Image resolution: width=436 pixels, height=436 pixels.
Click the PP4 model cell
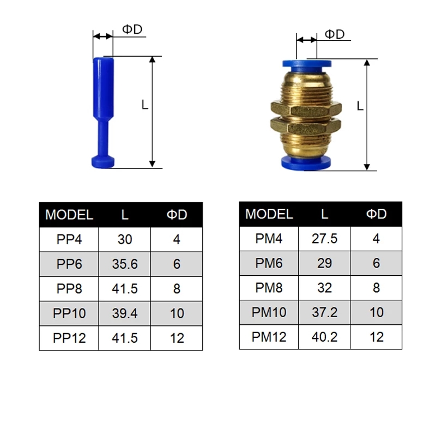[69, 239]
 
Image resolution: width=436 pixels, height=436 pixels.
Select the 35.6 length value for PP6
[125, 264]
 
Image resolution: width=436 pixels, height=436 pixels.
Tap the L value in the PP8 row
[125, 289]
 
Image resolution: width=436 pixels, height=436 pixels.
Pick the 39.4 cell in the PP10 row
[125, 314]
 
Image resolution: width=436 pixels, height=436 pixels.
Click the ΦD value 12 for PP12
[177, 338]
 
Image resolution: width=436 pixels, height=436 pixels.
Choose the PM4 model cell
[269, 238]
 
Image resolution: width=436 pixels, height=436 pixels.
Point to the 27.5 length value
[324, 238]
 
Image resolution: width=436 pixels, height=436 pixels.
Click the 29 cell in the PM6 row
[324, 263]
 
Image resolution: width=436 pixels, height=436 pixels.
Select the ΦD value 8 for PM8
[376, 288]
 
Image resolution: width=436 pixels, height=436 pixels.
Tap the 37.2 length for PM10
[324, 312]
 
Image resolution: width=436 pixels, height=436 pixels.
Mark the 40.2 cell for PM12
[324, 337]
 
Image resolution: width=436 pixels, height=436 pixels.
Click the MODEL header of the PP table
[69, 215]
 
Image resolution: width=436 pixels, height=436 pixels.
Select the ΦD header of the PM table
[376, 214]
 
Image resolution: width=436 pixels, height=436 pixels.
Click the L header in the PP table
[125, 215]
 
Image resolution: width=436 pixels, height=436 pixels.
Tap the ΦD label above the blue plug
[131, 29]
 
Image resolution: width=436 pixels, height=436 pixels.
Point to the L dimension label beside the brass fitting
[360, 106]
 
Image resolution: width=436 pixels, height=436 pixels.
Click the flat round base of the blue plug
[103, 162]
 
